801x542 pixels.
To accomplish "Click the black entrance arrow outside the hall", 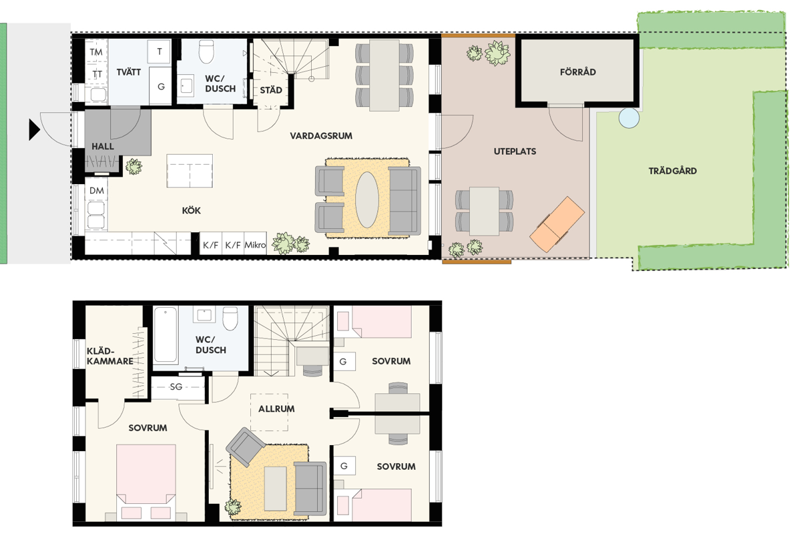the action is coord(34,129).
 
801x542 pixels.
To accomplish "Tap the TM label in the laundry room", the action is coord(96,52).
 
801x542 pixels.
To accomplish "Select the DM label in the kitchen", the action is coord(97,190).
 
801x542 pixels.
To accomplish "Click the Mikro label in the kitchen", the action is coord(255,245).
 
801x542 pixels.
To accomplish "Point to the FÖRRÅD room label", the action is coord(578,72).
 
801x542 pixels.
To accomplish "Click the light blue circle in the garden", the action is coord(629,117).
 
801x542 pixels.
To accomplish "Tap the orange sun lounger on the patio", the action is coord(557,224).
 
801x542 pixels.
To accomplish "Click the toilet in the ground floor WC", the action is coord(206,51).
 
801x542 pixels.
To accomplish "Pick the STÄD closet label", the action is coord(271,90).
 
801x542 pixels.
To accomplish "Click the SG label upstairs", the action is coord(176,386).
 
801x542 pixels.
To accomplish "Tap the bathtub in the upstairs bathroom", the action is coord(166,334).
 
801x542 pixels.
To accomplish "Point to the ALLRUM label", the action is coord(276,409).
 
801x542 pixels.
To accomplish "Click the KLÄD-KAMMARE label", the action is coord(110,356).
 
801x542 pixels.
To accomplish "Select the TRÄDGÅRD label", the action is coord(673,171).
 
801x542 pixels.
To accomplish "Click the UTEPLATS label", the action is coord(515,152).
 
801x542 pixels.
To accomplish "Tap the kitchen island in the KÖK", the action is coord(190,171).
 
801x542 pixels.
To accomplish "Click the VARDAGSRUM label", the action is coord(321,136).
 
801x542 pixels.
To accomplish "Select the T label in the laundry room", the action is coord(160,51).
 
